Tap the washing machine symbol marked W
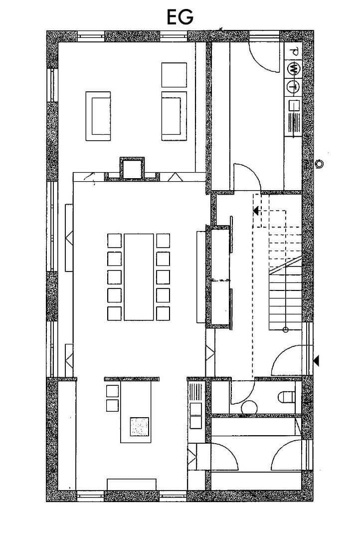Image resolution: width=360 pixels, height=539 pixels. pos(294,68)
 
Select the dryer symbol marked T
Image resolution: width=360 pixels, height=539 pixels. pos(294,86)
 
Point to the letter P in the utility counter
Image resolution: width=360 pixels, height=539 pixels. pos(295,51)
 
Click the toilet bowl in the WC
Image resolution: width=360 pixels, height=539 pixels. pos(286,397)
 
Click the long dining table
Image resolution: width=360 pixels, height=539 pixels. pos(139,276)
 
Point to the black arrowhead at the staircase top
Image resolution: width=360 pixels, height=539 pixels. pos(256,211)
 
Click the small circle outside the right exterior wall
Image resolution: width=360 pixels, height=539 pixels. pos(319,163)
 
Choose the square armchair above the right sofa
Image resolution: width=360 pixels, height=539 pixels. pos(174,75)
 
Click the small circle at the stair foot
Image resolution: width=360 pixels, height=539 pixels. pos(285,330)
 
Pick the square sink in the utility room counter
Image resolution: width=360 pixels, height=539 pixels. pos(294,106)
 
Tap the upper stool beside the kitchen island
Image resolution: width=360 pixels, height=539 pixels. pos(113,391)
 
